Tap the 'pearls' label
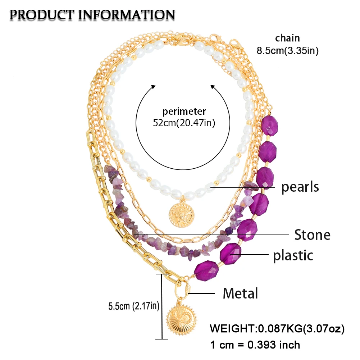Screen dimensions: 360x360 (300, 187)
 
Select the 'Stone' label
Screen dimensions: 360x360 (312, 235)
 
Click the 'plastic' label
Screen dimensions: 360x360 (293, 255)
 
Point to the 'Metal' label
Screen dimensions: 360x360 (240, 293)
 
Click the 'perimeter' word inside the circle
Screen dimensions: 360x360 (184, 111)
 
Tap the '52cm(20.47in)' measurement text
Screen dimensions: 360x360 (184, 123)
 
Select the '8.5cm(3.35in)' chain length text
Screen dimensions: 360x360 (287, 51)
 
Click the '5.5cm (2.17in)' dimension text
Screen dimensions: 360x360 (134, 306)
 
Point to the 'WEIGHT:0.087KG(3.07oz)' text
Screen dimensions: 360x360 (277, 328)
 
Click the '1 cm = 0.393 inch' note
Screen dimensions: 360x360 (255, 345)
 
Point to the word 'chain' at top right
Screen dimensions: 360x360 (287, 38)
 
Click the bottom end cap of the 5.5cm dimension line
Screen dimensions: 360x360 (163, 338)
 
